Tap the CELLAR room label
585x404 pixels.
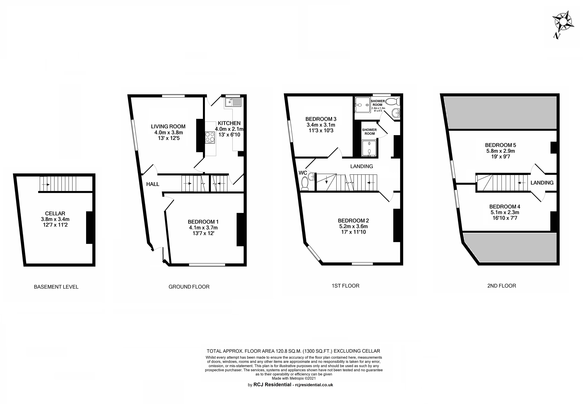pyautogui.click(x=55, y=213)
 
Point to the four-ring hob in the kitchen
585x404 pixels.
pyautogui.click(x=210, y=137)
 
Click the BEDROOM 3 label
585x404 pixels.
pyautogui.click(x=321, y=119)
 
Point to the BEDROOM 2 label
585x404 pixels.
pyautogui.click(x=353, y=220)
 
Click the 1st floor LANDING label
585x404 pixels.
pyautogui.click(x=362, y=166)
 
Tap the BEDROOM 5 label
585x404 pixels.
pyautogui.click(x=501, y=145)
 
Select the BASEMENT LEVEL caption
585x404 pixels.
pyautogui.click(x=56, y=287)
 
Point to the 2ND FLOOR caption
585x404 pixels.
pyautogui.click(x=502, y=286)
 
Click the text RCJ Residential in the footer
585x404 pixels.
pyautogui.click(x=272, y=385)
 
